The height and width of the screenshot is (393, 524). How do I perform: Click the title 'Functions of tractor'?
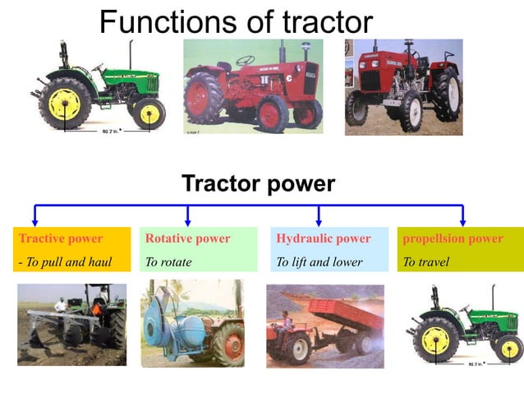tap(236, 21)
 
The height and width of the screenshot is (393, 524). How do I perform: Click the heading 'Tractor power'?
tap(258, 183)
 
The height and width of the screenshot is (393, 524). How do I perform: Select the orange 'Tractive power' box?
tap(72, 250)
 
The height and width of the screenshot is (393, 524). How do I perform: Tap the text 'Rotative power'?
tap(188, 238)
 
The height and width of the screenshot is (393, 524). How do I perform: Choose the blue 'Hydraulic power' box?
tap(329, 250)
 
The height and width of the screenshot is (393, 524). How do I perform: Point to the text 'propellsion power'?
tap(453, 238)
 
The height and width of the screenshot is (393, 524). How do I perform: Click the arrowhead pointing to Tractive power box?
tap(34, 221)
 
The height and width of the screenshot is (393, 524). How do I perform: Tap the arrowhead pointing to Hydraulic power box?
tap(319, 221)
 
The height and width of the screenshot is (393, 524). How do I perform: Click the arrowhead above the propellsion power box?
tap(462, 221)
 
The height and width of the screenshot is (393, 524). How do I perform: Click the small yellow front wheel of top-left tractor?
tap(149, 113)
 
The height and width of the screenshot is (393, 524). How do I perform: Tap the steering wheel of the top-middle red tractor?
tap(245, 60)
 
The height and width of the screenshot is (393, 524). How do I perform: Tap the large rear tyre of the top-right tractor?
tap(445, 95)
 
